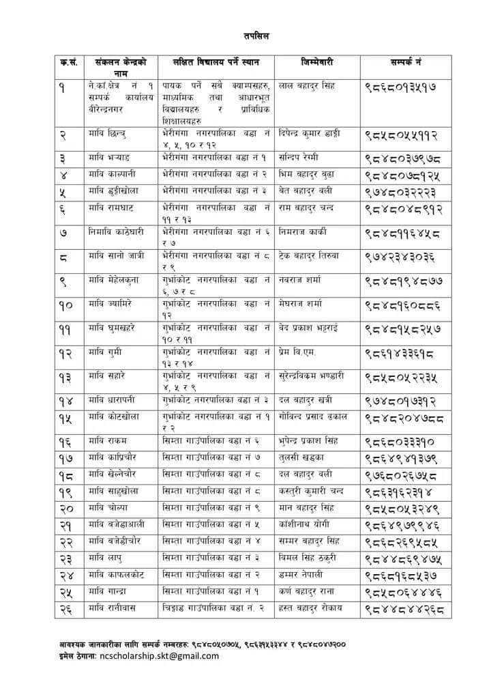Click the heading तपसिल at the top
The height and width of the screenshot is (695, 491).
[x=256, y=36]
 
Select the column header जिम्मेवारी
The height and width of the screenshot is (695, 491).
[x=316, y=62]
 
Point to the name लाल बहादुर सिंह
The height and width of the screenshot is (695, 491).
[x=307, y=86]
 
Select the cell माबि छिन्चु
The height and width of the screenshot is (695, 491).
[x=107, y=133]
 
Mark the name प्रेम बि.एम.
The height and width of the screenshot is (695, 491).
[x=298, y=352]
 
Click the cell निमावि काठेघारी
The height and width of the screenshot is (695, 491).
[x=116, y=232]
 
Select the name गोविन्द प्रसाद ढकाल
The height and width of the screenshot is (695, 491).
[x=314, y=416]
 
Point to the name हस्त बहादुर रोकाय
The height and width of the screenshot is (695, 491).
[x=311, y=608]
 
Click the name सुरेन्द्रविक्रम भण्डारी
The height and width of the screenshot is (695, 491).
[x=312, y=376]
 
